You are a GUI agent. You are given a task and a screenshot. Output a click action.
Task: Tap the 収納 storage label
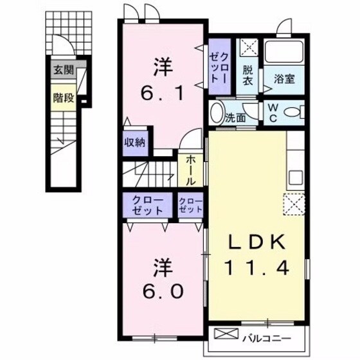tap(134, 143)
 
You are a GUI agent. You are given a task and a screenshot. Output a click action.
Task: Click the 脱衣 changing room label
tap(248, 77)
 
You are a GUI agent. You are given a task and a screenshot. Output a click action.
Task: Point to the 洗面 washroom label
tap(236, 118)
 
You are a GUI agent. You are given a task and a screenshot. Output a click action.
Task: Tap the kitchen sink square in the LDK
tap(296, 177)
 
